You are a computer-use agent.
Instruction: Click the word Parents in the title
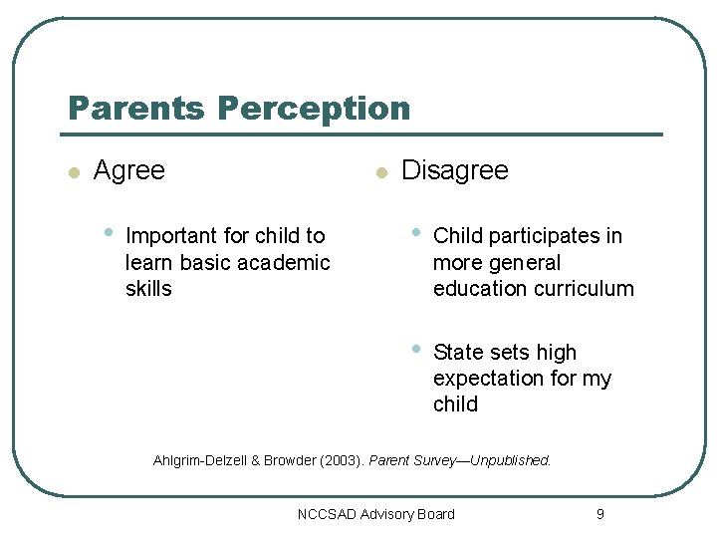click(136, 108)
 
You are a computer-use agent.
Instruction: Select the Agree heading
click(128, 170)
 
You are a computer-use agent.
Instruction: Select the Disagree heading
click(454, 170)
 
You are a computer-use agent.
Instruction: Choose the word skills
click(148, 289)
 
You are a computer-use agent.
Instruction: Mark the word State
click(458, 353)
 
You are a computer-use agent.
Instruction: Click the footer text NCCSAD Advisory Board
click(375, 514)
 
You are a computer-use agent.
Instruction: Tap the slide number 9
click(599, 514)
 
